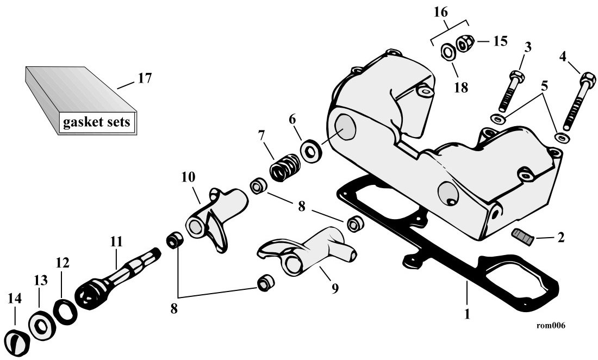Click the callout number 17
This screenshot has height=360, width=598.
pyautogui.click(x=145, y=78)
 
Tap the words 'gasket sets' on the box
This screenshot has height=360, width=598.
pyautogui.click(x=96, y=122)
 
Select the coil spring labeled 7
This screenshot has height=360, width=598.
pyautogui.click(x=285, y=167)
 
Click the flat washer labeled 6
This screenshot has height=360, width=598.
pyautogui.click(x=312, y=151)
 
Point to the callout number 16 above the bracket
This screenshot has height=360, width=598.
pyautogui.click(x=441, y=13)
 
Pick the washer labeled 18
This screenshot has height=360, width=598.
pyautogui.click(x=448, y=52)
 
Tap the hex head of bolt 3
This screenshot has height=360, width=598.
pyautogui.click(x=517, y=76)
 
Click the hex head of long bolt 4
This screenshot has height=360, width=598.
pyautogui.click(x=588, y=79)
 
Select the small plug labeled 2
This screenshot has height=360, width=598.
pyautogui.click(x=523, y=237)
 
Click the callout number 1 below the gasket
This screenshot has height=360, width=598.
pyautogui.click(x=467, y=314)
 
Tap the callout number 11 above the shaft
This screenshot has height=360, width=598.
pyautogui.click(x=116, y=241)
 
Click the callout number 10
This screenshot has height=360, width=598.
pyautogui.click(x=188, y=177)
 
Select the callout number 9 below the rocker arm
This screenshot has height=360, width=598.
pyautogui.click(x=334, y=289)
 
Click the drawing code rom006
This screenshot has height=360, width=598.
pyautogui.click(x=551, y=325)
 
